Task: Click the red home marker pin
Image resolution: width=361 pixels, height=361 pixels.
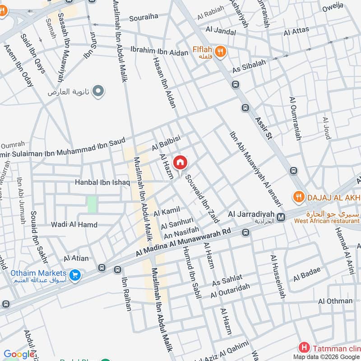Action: pyautogui.click(x=180, y=162)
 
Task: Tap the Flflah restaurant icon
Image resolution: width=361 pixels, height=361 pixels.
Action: pyautogui.click(x=221, y=52)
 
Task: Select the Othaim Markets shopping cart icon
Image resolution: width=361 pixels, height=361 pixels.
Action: pyautogui.click(x=75, y=274)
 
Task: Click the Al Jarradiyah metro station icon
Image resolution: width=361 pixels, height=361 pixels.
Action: pyautogui.click(x=281, y=218)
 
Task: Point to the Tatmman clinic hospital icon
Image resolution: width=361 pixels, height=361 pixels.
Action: pyautogui.click(x=305, y=347)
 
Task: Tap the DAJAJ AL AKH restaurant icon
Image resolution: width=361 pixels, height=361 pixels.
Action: pyautogui.click(x=298, y=197)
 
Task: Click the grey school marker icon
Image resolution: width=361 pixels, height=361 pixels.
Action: pyautogui.click(x=97, y=92)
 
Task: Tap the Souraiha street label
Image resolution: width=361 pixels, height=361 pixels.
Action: pyautogui.click(x=143, y=19)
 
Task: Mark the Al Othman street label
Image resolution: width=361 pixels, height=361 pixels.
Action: pyautogui.click(x=335, y=301)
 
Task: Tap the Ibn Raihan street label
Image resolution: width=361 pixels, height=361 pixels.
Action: pyautogui.click(x=125, y=293)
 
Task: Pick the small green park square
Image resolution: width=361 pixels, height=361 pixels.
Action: pyautogui.click(x=92, y=204)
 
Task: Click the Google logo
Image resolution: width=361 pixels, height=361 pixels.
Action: pyautogui.click(x=19, y=355)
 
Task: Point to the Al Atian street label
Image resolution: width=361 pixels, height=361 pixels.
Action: pyautogui.click(x=76, y=259)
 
